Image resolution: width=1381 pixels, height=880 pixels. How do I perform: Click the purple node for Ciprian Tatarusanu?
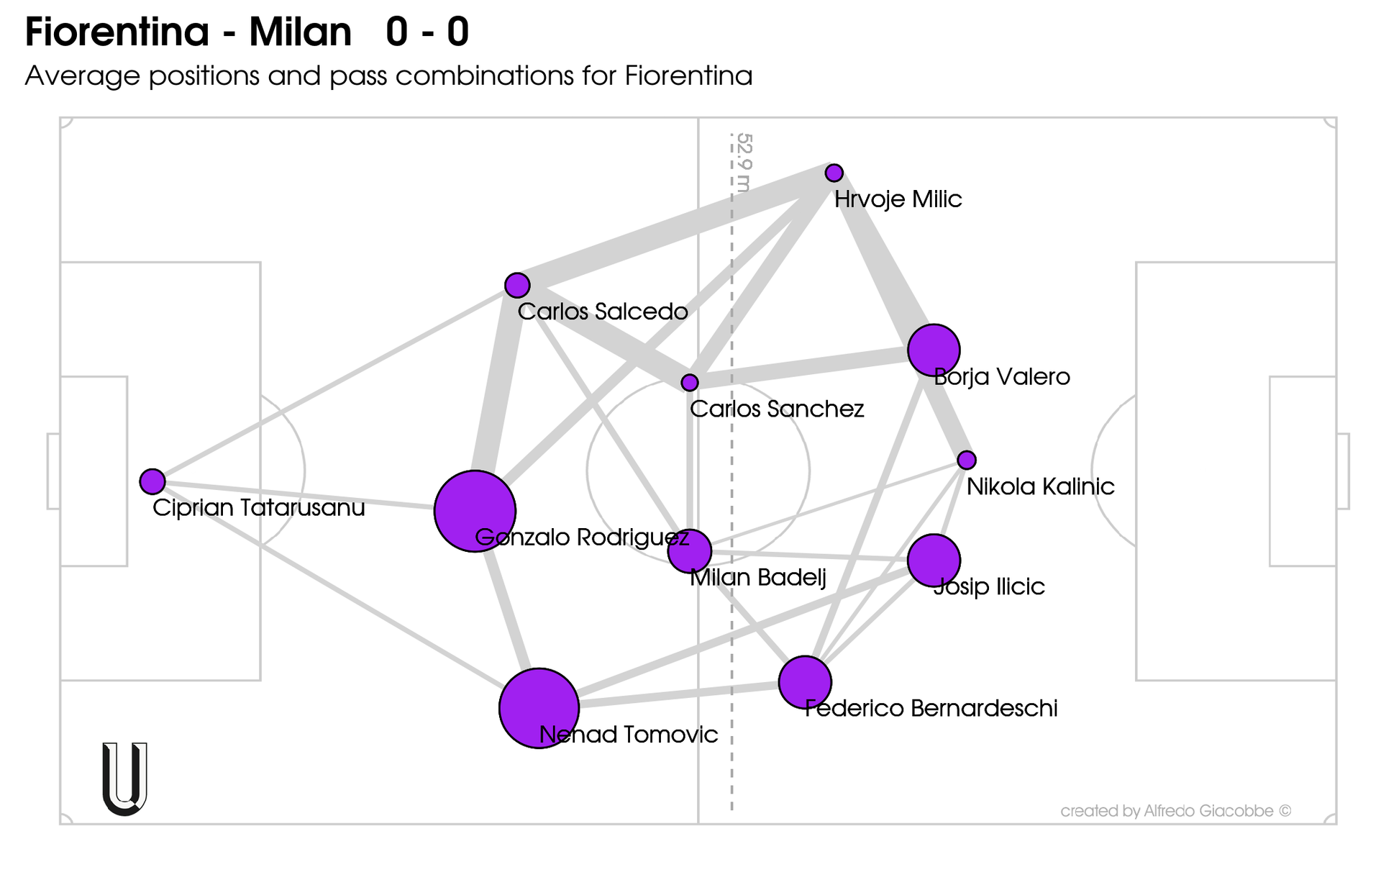152,481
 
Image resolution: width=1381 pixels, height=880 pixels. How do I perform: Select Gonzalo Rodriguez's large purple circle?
475,511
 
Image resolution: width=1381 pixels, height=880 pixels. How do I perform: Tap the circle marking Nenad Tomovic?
539,708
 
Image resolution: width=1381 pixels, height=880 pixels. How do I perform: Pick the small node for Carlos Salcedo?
517,286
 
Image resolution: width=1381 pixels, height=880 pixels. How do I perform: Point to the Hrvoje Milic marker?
834,173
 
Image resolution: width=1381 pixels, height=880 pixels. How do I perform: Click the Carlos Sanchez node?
690,382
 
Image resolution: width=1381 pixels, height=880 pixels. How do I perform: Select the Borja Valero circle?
934,350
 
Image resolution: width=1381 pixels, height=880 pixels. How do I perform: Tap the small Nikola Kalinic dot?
967,460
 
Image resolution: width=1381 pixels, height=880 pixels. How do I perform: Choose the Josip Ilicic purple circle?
934,561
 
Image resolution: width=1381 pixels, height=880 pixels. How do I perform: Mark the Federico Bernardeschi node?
805,682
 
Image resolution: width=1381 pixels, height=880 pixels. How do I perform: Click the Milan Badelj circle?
690,551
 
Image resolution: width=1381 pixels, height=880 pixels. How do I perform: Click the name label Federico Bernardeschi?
931,709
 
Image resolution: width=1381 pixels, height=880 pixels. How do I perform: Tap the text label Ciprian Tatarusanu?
259,508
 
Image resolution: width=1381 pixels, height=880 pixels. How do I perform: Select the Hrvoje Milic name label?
898,199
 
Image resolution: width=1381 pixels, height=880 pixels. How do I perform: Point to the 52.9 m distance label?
744,163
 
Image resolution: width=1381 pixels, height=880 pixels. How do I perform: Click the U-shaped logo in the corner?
125,779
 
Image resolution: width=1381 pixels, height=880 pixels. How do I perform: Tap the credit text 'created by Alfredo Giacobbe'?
1175,811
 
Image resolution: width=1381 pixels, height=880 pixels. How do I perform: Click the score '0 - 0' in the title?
427,32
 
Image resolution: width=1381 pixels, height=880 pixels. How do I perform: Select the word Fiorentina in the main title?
117,32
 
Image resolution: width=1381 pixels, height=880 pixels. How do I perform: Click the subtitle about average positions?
388,76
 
